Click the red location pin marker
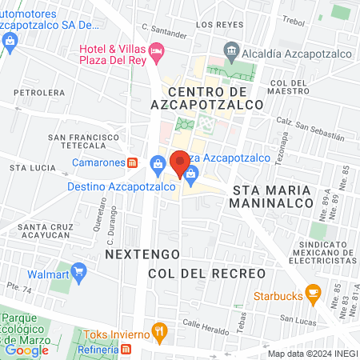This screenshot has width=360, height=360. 179,162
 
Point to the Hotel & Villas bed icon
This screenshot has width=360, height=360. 157,50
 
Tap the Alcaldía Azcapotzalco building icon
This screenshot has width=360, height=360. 232,50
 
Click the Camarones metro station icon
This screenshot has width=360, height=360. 133,162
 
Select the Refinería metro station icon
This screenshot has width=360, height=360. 126,349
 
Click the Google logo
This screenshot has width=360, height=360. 26,350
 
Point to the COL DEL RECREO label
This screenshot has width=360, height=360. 206,274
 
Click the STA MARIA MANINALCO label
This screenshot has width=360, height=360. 277,197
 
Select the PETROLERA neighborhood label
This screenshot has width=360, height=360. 34,93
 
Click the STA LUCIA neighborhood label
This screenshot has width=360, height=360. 33,169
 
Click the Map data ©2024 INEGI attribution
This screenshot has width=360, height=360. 312,354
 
